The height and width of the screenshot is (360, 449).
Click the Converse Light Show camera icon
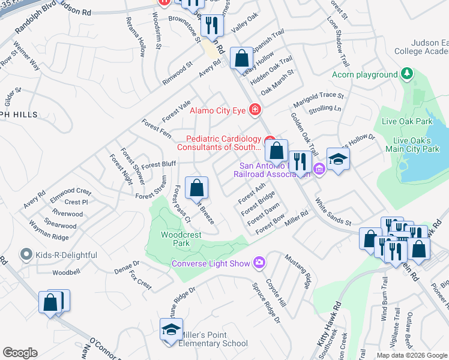(x=259, y=262)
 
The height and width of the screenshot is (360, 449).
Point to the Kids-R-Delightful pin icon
(x=26, y=255)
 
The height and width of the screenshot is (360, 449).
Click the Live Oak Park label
(x=407, y=121)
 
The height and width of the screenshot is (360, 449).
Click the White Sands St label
(x=334, y=212)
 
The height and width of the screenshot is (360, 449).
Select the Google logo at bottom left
(x=20, y=352)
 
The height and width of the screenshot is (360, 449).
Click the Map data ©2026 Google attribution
(x=412, y=355)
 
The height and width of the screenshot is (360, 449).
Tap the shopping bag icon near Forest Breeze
(x=196, y=188)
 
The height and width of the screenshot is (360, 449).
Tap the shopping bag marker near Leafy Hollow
(x=241, y=59)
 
